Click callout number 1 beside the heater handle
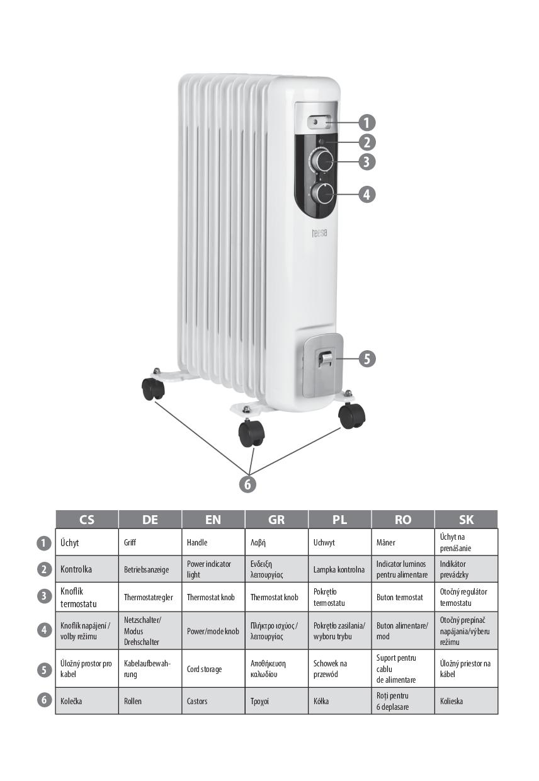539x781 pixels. tap(366, 122)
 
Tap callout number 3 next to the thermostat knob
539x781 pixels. tap(366, 161)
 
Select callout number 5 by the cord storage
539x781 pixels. tap(367, 358)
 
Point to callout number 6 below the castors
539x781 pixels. tap(248, 484)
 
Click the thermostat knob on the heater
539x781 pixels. tap(322, 161)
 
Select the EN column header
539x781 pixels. tap(213, 520)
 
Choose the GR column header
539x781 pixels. tap(276, 520)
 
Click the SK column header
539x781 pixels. tap(466, 520)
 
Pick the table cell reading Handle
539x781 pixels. tap(197, 542)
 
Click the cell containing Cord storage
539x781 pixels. tap(204, 669)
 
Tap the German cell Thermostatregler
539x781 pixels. tap(149, 597)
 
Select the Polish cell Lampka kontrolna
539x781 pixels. tap(339, 569)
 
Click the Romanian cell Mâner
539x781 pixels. tap(386, 542)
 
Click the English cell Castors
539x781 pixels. tap(197, 700)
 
